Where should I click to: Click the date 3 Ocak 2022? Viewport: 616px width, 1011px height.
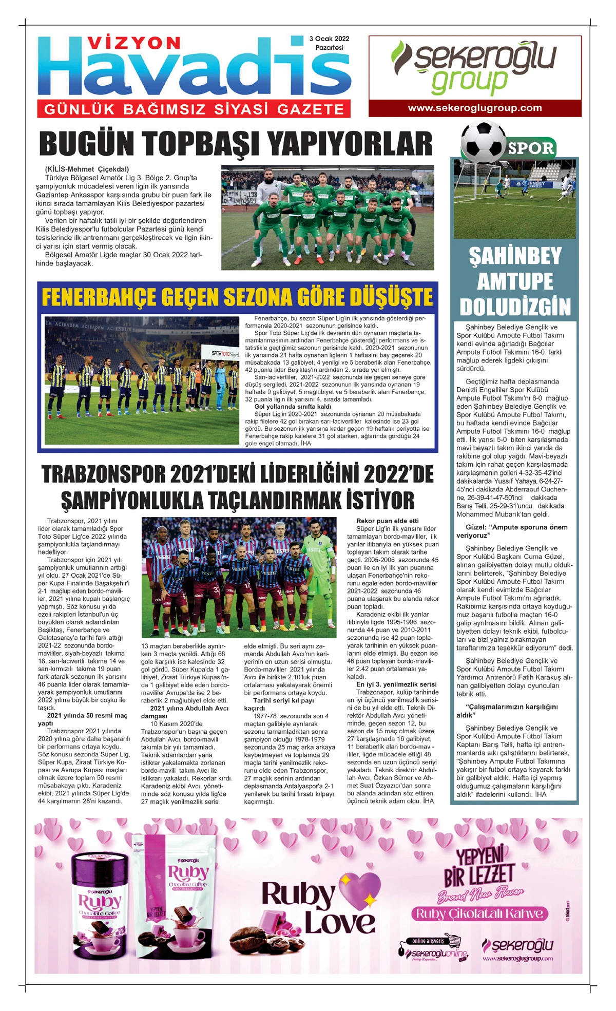(329, 39)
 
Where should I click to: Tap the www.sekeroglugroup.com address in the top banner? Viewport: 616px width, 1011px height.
(475, 108)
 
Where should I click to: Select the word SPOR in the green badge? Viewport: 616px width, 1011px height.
(531, 149)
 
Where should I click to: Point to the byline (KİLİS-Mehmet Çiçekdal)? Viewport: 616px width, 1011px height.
(87, 169)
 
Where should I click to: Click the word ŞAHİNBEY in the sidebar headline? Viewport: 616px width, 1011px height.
(515, 256)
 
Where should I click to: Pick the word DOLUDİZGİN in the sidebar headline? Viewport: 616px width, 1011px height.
(515, 307)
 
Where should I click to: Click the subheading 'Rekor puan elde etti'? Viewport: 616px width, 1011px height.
(388, 521)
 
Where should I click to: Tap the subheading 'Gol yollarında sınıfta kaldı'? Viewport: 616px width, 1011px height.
(293, 407)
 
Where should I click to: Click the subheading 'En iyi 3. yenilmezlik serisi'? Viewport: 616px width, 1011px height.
(396, 684)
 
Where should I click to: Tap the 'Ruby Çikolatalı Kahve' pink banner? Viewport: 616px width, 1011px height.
(479, 913)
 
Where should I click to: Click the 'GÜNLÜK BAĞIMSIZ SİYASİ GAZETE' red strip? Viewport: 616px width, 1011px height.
(194, 109)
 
